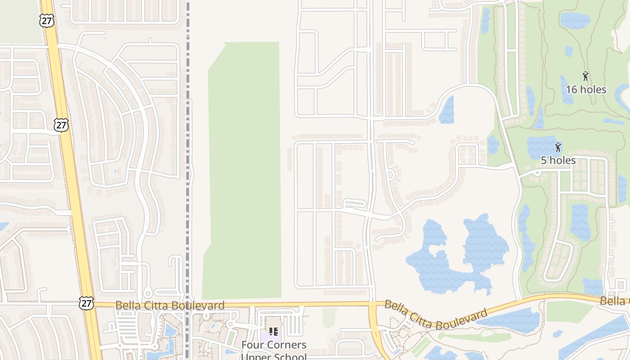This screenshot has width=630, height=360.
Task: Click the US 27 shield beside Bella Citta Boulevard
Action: click(86, 302)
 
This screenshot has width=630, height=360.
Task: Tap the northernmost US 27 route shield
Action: click(46, 20)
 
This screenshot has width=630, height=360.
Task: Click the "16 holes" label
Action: click(586, 90)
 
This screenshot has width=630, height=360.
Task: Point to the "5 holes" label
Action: click(558, 160)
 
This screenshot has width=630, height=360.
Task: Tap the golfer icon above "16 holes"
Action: click(585, 76)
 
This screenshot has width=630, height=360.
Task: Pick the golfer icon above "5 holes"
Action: click(558, 147)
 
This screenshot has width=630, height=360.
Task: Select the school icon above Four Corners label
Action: click(273, 332)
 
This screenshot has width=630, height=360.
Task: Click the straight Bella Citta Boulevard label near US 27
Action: click(170, 306)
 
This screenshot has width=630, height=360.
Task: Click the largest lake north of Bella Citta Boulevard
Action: click(454, 256)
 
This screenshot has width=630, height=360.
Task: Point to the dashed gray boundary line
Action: click(188, 135)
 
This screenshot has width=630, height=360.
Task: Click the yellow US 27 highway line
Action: click(72, 180)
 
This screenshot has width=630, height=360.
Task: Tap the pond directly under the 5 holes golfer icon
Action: click(542, 146)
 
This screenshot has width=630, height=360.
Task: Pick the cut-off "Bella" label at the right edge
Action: click(615, 301)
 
